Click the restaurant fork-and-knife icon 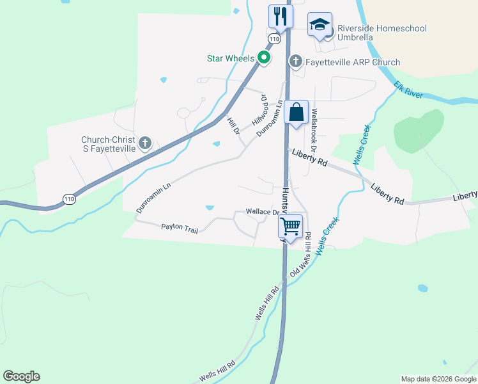(281, 16)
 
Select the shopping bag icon (297, 113)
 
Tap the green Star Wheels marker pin (263, 58)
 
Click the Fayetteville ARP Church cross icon (295, 62)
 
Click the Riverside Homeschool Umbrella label (382, 33)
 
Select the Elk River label (408, 90)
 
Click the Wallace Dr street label (263, 212)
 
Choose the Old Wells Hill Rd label (300, 255)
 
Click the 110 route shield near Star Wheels (274, 39)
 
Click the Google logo (21, 376)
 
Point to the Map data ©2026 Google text (438, 379)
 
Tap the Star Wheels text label (231, 58)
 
